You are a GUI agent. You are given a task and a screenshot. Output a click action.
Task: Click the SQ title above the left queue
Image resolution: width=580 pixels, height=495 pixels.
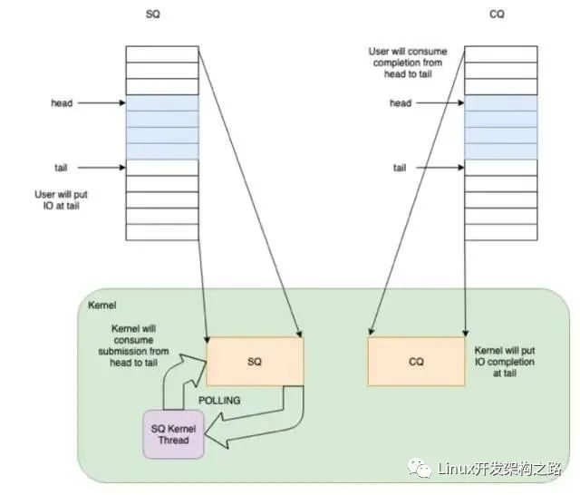point(153,15)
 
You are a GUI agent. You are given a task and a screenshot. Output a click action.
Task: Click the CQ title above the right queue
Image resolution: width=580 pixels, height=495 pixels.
point(497,15)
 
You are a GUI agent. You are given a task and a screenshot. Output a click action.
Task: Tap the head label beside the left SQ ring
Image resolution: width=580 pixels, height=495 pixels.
point(62,102)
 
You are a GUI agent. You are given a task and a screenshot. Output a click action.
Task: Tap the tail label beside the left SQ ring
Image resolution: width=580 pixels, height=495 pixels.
point(61,168)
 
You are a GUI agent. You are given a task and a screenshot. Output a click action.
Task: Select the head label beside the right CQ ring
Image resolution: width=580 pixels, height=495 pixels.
point(401,102)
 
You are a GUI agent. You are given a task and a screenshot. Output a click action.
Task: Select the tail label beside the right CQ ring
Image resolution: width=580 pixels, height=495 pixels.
point(400,168)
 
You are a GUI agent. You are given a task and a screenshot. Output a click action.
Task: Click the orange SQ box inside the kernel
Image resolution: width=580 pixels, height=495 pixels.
point(255,362)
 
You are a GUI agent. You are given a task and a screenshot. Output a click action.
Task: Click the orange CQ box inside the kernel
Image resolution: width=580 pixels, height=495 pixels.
point(416,362)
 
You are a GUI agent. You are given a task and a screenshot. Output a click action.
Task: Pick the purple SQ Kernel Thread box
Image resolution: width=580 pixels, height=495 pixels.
point(173,434)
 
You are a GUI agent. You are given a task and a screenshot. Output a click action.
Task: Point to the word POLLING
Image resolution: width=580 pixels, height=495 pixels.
point(219,401)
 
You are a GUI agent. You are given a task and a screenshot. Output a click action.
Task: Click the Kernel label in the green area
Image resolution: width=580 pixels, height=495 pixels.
point(102,306)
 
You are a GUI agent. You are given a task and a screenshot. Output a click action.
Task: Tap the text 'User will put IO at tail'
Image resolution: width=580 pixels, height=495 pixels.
point(61,199)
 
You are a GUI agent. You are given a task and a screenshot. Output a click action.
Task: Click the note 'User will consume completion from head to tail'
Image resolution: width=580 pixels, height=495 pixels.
point(408,63)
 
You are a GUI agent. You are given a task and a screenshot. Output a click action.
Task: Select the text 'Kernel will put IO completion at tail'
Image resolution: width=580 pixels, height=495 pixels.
point(505,362)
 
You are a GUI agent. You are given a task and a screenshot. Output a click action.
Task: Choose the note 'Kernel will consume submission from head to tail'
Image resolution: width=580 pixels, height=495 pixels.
point(133,345)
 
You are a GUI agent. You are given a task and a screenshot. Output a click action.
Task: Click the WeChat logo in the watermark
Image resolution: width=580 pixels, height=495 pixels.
point(420,468)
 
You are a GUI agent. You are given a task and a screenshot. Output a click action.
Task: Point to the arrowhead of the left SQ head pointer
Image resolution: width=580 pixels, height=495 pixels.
point(123,102)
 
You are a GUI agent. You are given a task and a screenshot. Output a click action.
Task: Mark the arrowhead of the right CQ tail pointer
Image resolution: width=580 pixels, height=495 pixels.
point(461,168)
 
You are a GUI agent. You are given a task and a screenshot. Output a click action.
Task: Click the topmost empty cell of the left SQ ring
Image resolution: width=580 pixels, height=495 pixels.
point(162,54)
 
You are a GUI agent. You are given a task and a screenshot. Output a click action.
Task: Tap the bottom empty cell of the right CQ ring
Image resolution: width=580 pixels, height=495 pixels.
point(501,232)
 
